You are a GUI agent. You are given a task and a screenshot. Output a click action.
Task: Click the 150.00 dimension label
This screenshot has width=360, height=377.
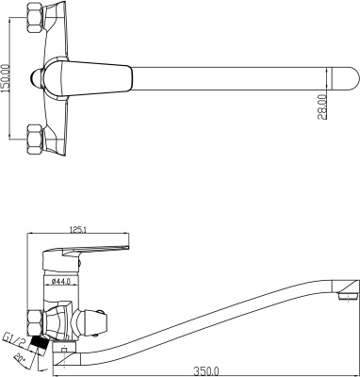click(7, 77)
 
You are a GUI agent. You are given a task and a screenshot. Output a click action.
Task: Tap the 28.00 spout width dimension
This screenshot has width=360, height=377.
click(322, 107)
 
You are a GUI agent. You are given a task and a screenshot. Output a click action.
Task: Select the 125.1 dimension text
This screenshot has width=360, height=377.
click(77, 230)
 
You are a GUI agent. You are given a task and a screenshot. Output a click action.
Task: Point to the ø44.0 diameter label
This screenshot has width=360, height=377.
click(59, 281)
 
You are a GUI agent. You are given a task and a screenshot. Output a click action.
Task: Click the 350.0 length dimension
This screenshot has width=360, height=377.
click(205, 371)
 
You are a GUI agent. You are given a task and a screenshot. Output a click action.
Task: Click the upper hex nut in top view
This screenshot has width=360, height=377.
click(35, 18)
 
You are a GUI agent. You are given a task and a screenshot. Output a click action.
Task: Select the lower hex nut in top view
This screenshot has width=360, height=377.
click(35, 139)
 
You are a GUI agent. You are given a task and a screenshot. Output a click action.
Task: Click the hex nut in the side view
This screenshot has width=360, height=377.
click(35, 322)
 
